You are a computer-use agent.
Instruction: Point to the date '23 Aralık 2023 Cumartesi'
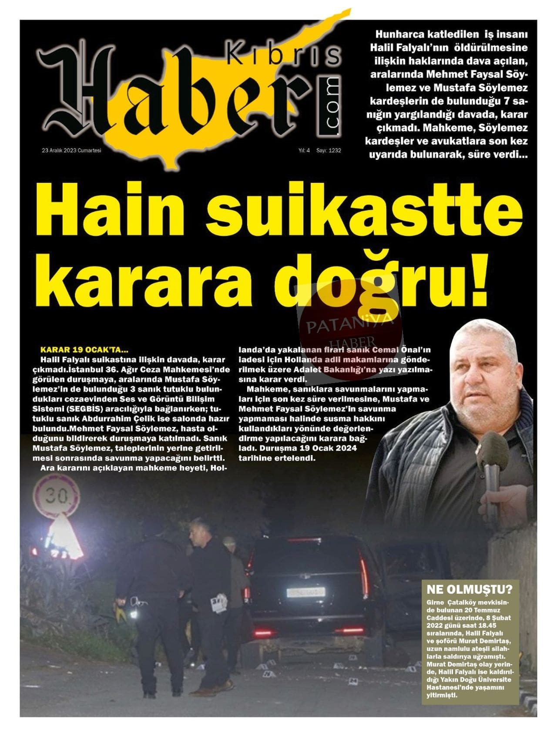pyautogui.click(x=71, y=150)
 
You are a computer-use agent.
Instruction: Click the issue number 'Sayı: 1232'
pyautogui.click(x=329, y=150)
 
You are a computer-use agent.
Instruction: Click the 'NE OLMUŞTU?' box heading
pyautogui.click(x=469, y=589)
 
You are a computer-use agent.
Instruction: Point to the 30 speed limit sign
pyautogui.click(x=57, y=496)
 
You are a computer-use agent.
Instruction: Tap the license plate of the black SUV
pyautogui.click(x=305, y=592)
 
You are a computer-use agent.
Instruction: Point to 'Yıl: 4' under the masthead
pyautogui.click(x=304, y=150)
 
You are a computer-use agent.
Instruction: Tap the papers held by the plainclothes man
pyautogui.click(x=219, y=603)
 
